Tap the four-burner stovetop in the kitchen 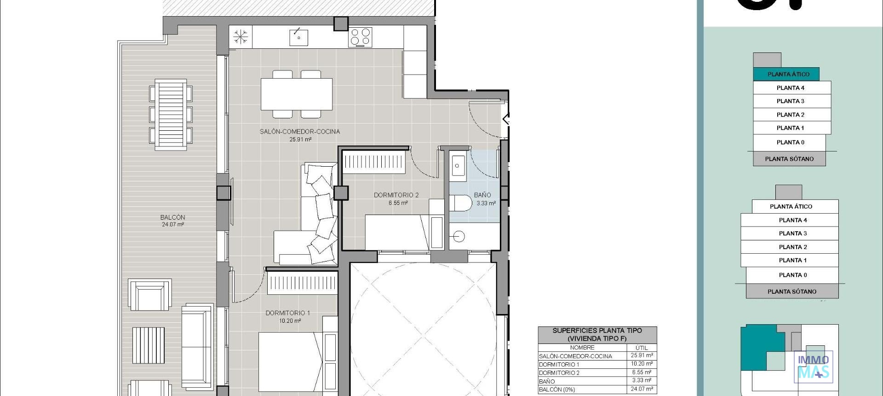pos(361,37)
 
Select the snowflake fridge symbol pos(241,37)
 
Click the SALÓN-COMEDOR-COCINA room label pos(300,132)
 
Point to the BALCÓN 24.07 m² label pos(173,221)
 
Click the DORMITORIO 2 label pos(396,195)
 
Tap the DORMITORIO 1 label pos(288,313)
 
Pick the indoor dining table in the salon pos(297,94)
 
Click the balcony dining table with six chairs pos(171,115)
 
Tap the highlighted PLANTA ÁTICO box pos(788,74)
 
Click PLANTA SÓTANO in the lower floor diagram pos(792,291)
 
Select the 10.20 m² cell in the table pos(642,364)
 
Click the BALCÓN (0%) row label pos(556,390)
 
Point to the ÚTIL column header pos(642,348)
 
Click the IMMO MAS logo pos(814,367)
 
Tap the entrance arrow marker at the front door pos(506,119)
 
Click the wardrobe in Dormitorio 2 pos(374,162)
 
